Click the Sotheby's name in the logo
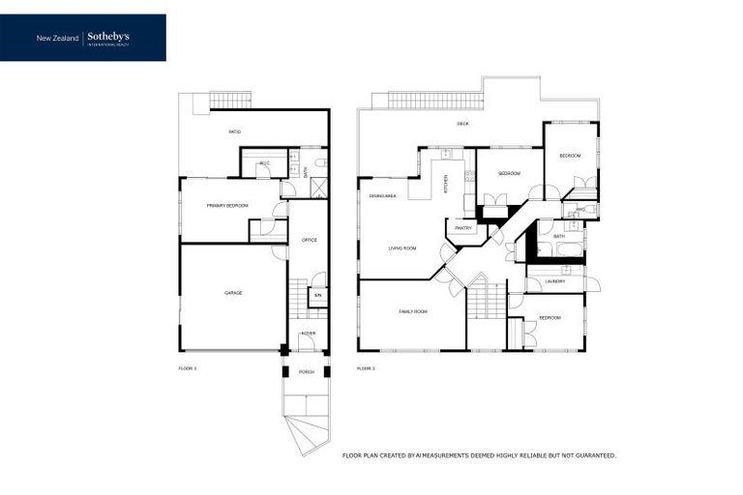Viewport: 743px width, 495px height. (108, 36)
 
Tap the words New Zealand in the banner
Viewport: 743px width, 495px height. (58, 38)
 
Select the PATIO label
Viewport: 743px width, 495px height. (234, 131)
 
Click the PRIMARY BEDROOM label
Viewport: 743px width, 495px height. (227, 206)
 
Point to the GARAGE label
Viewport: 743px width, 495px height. (233, 292)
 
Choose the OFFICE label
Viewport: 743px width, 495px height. (310, 240)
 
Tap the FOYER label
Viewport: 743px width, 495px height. (309, 334)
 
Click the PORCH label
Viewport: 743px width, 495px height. (306, 371)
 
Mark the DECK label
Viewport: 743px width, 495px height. (462, 124)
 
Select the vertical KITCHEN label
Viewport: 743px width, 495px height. (446, 184)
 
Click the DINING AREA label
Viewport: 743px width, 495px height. (383, 196)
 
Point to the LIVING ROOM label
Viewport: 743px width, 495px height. (402, 248)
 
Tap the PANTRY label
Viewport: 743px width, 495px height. (462, 228)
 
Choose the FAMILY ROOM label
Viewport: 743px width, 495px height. (413, 312)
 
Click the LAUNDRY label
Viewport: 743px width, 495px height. (554, 281)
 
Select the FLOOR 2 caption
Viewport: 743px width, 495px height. (366, 368)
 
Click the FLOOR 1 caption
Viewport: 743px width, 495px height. (188, 368)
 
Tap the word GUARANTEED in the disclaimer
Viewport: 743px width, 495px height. (592, 454)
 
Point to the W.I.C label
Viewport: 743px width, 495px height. (263, 163)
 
